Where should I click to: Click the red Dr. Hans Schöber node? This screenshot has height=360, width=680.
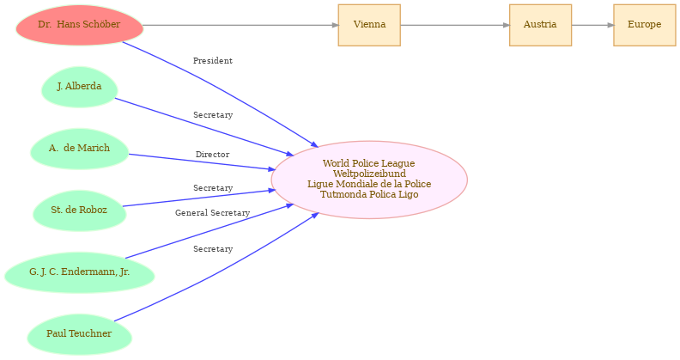pyautogui.click(x=79, y=25)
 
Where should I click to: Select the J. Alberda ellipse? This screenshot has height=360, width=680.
pyautogui.click(x=79, y=87)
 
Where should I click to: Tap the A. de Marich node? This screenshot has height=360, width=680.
pyautogui.click(x=79, y=149)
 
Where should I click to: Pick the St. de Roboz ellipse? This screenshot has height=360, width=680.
pyautogui.click(x=79, y=211)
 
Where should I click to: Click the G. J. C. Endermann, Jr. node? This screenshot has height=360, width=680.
pyautogui.click(x=79, y=272)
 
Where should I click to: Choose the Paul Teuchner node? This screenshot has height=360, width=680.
pyautogui.click(x=79, y=334)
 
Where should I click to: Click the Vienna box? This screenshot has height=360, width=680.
pyautogui.click(x=369, y=25)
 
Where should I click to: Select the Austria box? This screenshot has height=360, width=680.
pyautogui.click(x=540, y=25)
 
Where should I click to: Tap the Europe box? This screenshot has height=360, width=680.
pyautogui.click(x=644, y=25)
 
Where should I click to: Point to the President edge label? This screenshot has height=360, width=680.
pyautogui.click(x=212, y=61)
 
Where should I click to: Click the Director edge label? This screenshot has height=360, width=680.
pyautogui.click(x=212, y=155)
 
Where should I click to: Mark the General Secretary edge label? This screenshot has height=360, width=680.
pyautogui.click(x=212, y=213)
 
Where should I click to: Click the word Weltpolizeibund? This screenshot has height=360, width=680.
pyautogui.click(x=369, y=174)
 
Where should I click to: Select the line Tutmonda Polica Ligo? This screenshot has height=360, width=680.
pyautogui.click(x=369, y=194)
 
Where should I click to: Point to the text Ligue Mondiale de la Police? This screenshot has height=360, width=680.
pyautogui.click(x=369, y=184)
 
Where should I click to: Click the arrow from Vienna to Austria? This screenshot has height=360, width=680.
pyautogui.click(x=454, y=25)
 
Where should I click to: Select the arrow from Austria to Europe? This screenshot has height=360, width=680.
pyautogui.click(x=592, y=25)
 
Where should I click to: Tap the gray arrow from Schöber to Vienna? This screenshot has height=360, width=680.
pyautogui.click(x=240, y=25)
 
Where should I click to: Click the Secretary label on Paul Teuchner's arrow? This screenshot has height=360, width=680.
pyautogui.click(x=212, y=249)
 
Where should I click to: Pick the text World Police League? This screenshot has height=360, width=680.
pyautogui.click(x=369, y=163)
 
